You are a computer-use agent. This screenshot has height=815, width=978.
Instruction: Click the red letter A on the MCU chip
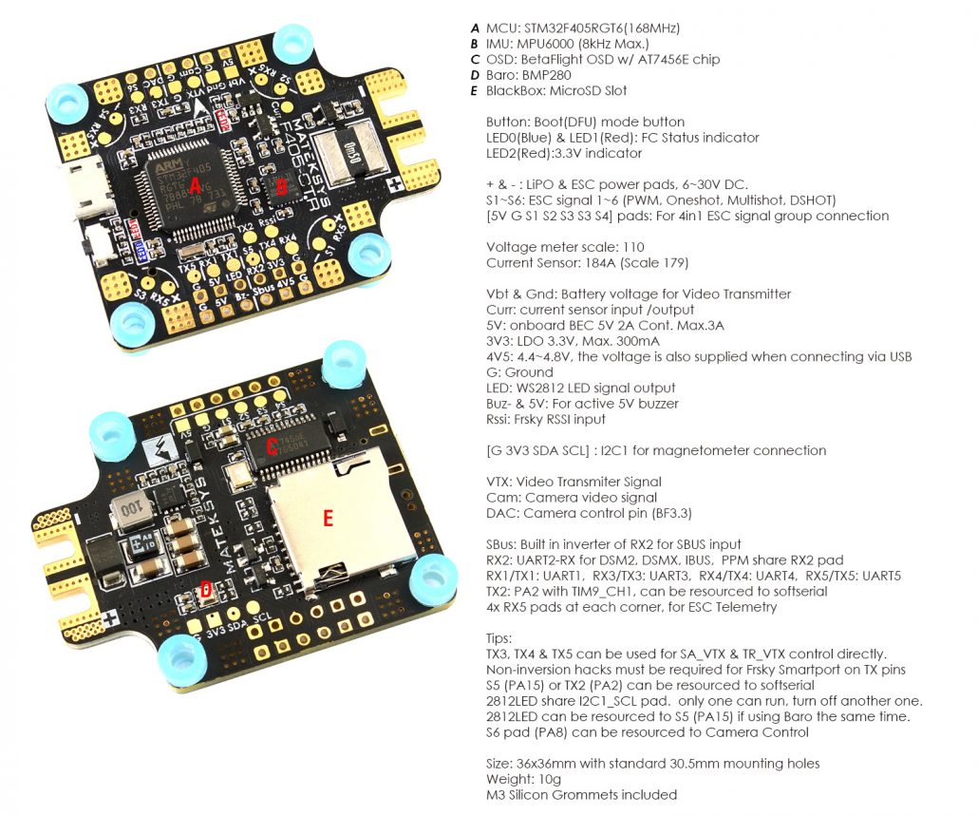click(196, 183)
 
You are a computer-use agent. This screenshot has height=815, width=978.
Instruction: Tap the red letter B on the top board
click(280, 187)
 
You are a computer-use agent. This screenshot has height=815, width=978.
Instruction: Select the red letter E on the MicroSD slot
click(328, 518)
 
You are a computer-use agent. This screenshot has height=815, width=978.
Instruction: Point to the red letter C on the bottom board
click(272, 445)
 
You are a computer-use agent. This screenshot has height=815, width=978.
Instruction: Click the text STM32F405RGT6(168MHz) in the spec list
click(600, 28)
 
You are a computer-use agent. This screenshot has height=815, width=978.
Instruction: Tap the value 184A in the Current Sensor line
click(601, 262)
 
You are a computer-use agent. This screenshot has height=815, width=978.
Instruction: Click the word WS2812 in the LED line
click(539, 388)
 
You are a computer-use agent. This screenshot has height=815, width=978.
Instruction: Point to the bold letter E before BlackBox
click(473, 90)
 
